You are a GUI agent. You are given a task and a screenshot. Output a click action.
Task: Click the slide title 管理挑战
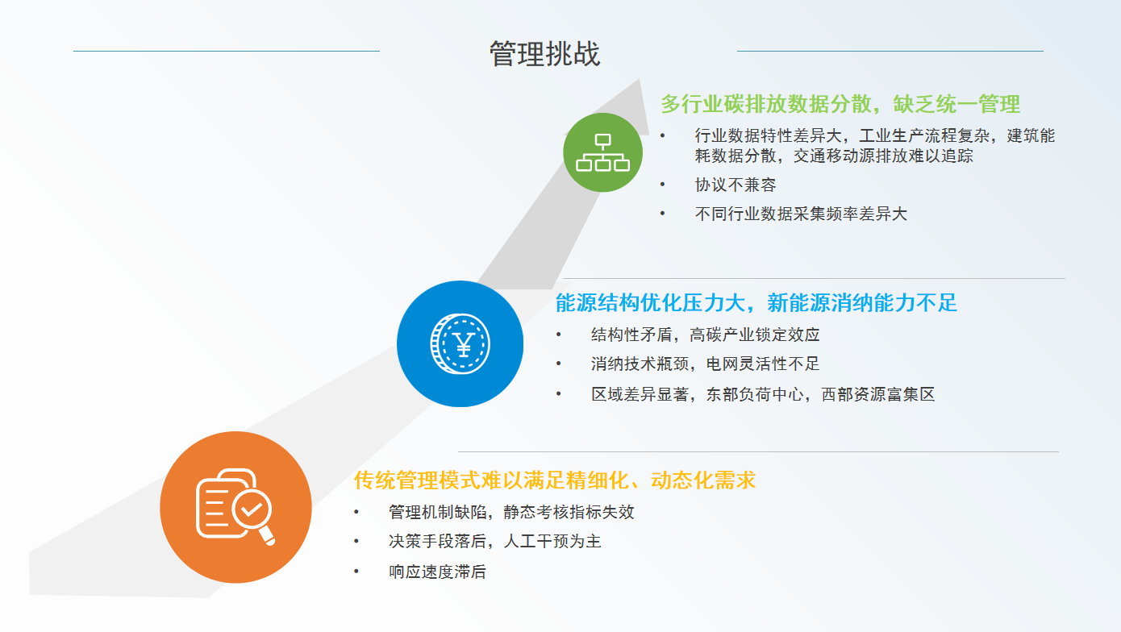544,53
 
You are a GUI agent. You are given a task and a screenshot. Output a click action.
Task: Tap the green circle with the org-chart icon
602,152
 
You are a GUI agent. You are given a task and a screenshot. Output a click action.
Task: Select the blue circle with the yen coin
460,343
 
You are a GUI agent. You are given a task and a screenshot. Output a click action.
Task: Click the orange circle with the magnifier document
235,507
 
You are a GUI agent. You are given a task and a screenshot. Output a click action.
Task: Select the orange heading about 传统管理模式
555,480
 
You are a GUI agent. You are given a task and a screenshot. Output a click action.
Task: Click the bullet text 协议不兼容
736,185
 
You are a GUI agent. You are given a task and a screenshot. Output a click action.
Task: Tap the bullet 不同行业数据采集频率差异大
801,214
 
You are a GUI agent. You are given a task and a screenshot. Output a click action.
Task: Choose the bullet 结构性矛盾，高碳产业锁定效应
705,335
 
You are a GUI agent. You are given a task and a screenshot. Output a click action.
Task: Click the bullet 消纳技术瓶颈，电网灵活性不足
705,364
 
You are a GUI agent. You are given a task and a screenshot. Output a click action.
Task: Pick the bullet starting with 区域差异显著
763,394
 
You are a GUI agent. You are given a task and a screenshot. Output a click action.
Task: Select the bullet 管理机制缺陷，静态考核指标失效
511,512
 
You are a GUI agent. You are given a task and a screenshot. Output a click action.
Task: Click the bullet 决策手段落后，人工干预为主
495,541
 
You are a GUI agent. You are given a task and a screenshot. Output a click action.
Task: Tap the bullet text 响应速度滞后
437,572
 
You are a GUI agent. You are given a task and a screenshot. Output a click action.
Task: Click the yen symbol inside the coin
464,344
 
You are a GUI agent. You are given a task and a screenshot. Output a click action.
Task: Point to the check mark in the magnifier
252,509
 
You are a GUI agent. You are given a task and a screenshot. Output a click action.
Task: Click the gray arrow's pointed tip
640,78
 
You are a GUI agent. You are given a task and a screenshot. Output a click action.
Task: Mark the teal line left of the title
227,51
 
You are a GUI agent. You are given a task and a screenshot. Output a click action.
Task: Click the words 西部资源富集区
877,394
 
